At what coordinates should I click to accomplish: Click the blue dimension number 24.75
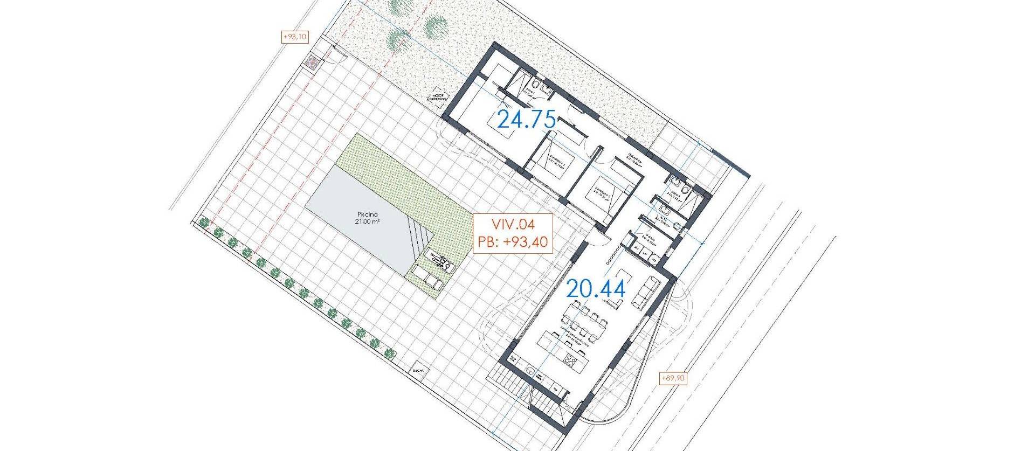click(526, 119)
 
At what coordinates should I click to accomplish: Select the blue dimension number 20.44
click(596, 289)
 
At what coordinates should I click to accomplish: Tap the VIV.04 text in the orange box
click(512, 224)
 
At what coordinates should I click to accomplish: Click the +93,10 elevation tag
click(295, 37)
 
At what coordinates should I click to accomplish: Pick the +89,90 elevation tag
click(673, 379)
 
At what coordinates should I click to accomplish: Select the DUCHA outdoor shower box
click(418, 371)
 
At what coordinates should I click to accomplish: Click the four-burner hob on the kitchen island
click(571, 359)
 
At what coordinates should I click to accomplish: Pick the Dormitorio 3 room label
click(603, 193)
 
